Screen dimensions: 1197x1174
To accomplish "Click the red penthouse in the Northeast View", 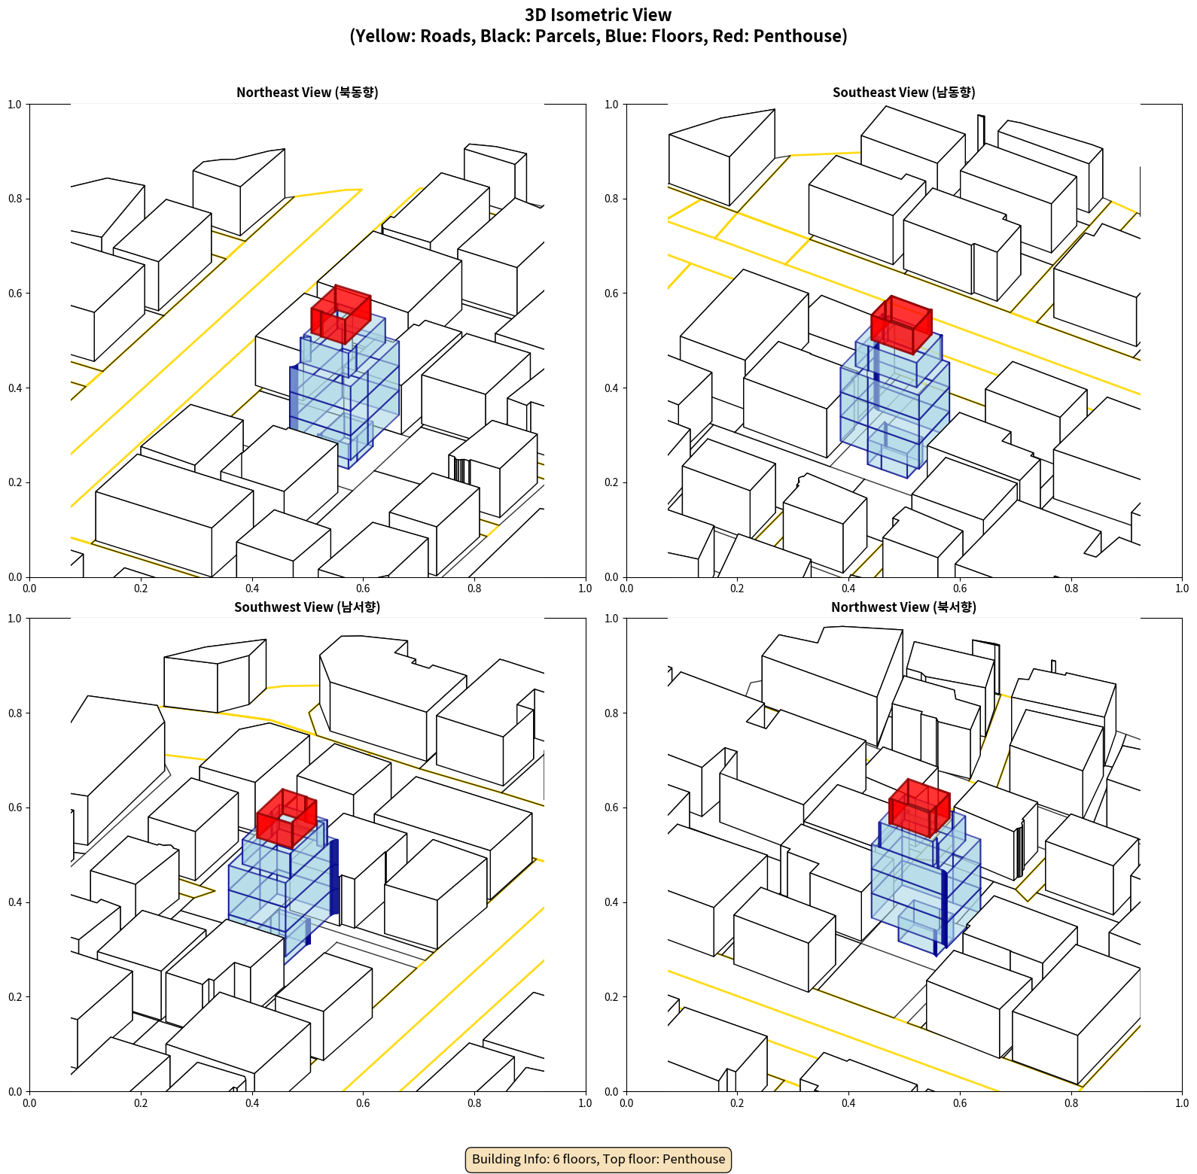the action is pyautogui.click(x=341, y=314).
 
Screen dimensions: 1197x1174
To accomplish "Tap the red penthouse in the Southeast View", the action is pyautogui.click(x=901, y=324).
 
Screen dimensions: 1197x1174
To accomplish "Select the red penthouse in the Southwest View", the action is pyautogui.click(x=286, y=818).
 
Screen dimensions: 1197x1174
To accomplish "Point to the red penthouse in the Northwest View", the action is pyautogui.click(x=919, y=808).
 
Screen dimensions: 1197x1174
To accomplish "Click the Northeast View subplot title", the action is pyautogui.click(x=307, y=92).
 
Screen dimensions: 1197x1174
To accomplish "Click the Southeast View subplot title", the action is pyautogui.click(x=903, y=92).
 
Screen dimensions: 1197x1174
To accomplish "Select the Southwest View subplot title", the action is pyautogui.click(x=307, y=607).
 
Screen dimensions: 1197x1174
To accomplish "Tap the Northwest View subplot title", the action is pyautogui.click(x=903, y=607).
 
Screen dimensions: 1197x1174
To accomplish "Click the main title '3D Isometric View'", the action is pyautogui.click(x=598, y=15).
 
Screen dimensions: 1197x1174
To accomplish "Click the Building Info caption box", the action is pyautogui.click(x=598, y=1159).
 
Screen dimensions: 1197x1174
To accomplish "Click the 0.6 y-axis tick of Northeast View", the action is pyautogui.click(x=14, y=293).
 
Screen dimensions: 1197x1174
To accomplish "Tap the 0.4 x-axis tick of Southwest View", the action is pyautogui.click(x=252, y=1103).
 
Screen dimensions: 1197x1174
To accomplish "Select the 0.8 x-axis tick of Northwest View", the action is pyautogui.click(x=1071, y=1103).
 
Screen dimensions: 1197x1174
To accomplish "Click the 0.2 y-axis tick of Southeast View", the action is pyautogui.click(x=611, y=482).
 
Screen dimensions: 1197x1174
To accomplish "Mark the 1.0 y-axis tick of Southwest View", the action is pyautogui.click(x=14, y=619).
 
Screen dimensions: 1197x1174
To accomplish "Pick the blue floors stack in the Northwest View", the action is pyautogui.click(x=926, y=880).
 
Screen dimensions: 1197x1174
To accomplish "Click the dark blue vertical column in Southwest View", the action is pyautogui.click(x=334, y=877).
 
